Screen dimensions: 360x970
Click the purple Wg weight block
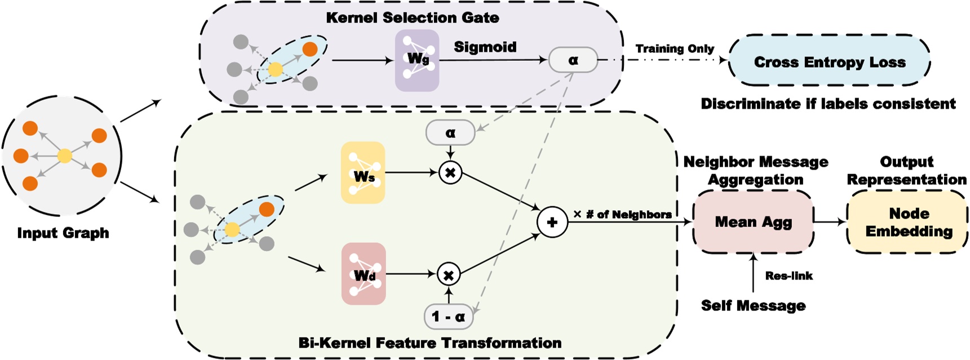coord(417,60)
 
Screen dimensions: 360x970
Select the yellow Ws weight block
coord(363,172)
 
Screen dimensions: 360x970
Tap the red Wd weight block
coord(364,274)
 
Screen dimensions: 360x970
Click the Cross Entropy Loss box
coord(829,61)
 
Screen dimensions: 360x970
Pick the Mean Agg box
coord(753,222)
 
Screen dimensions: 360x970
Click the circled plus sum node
coord(552,222)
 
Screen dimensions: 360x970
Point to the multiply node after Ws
coord(450,172)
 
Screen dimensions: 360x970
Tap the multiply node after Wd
coord(449,275)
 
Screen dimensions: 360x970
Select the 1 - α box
coord(448,317)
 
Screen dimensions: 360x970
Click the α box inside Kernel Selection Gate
coord(573,60)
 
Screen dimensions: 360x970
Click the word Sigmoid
coord(485,47)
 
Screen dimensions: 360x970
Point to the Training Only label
coord(675,49)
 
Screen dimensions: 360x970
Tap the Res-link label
coord(789,275)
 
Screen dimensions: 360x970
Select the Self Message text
coord(753,305)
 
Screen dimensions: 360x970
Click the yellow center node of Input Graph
coord(65,155)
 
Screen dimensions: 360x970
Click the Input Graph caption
coord(63,233)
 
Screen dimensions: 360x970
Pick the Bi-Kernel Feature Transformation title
coord(429,343)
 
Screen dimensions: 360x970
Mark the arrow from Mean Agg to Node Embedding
coord(830,222)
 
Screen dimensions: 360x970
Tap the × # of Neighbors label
coord(622,214)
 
